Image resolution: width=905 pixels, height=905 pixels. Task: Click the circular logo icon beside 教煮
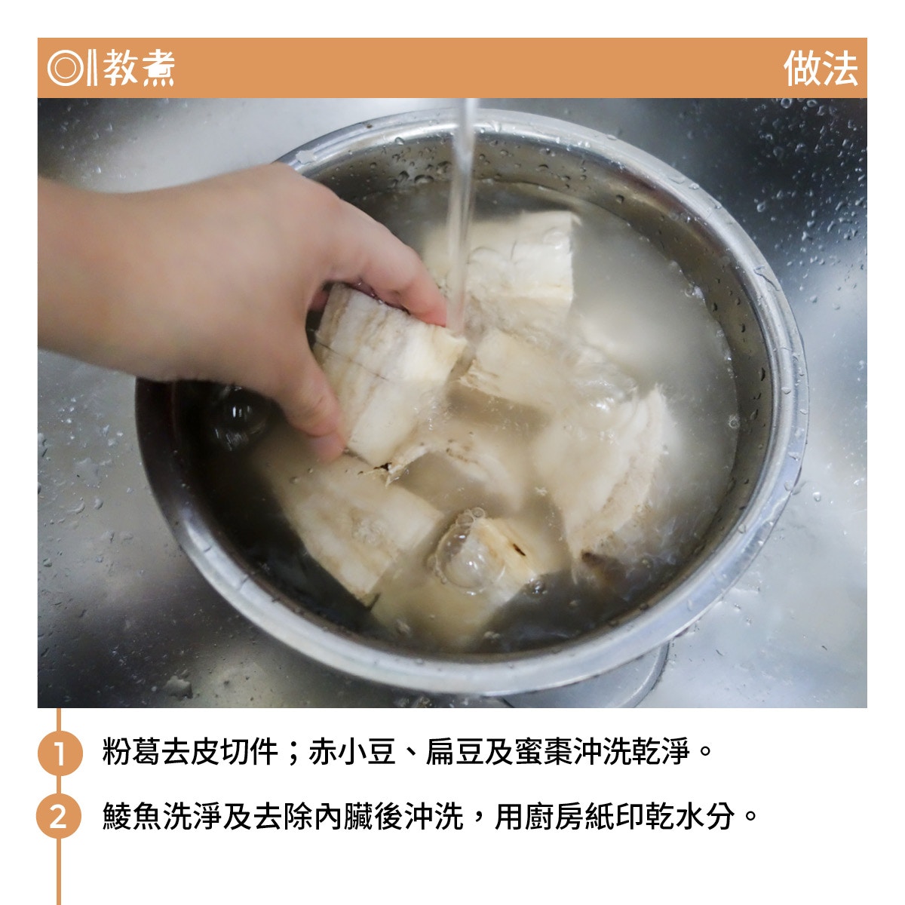(x=66, y=68)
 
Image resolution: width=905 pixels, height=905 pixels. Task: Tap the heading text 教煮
(x=139, y=68)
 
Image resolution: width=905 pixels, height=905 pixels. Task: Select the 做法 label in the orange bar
(x=821, y=69)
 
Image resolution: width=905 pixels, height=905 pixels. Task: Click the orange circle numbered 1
(x=59, y=753)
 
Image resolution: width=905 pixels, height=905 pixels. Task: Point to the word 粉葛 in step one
(x=131, y=752)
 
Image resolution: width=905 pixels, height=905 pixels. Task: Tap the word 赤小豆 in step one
(x=352, y=752)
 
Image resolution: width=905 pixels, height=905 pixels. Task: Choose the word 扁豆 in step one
(x=455, y=752)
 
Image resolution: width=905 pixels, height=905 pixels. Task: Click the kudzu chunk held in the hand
(x=385, y=376)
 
